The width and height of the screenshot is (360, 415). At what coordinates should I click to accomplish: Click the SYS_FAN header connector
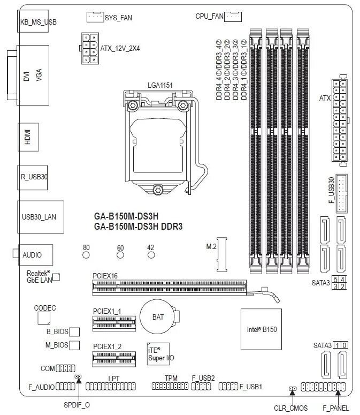pyautogui.click(x=94, y=17)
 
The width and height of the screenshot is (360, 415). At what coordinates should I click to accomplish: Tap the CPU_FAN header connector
pyautogui.click(x=234, y=17)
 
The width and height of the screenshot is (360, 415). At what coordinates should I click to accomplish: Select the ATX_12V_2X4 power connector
pyautogui.click(x=89, y=48)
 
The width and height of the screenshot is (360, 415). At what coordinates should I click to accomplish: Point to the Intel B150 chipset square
pyautogui.click(x=261, y=328)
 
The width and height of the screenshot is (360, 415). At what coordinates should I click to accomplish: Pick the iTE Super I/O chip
pyautogui.click(x=158, y=353)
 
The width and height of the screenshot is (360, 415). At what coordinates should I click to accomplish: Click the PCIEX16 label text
pyautogui.click(x=105, y=276)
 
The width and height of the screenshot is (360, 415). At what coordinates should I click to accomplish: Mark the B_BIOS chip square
pyautogui.click(x=75, y=333)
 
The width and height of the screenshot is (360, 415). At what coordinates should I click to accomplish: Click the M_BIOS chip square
pyautogui.click(x=75, y=345)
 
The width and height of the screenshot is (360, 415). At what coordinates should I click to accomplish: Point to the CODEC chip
pyautogui.click(x=45, y=319)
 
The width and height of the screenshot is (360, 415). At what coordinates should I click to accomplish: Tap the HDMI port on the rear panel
pyautogui.click(x=27, y=137)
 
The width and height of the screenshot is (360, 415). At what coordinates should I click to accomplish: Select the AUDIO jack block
pyautogui.click(x=36, y=255)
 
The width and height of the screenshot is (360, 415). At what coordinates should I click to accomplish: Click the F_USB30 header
pyautogui.click(x=341, y=193)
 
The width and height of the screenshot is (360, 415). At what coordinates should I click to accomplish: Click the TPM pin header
pyautogui.click(x=171, y=386)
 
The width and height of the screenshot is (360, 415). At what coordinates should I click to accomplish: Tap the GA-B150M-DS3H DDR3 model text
pyautogui.click(x=138, y=227)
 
